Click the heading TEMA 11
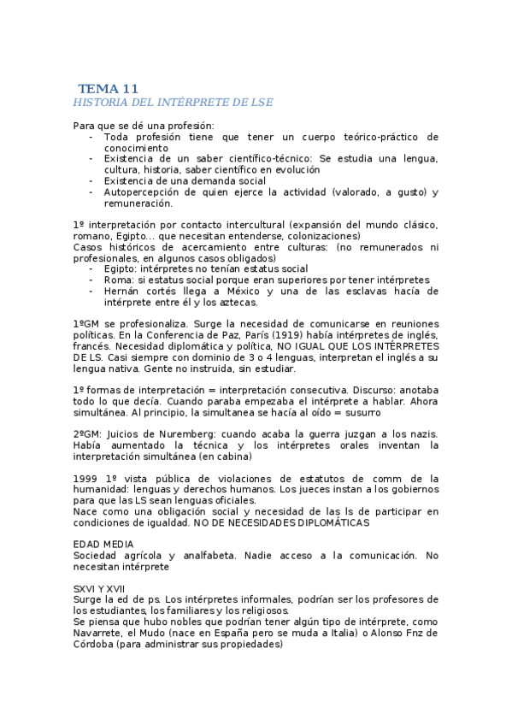click(108, 88)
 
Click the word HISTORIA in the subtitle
click(101, 103)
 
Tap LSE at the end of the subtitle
click(259, 103)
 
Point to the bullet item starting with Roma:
click(266, 280)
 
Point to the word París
click(274, 335)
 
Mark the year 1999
click(87, 479)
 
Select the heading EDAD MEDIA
click(103, 544)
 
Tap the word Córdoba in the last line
click(98, 644)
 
